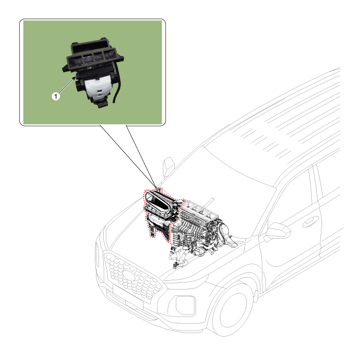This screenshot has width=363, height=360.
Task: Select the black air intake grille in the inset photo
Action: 93,54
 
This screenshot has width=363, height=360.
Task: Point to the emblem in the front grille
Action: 130,275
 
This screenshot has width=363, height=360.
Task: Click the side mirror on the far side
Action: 169,167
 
